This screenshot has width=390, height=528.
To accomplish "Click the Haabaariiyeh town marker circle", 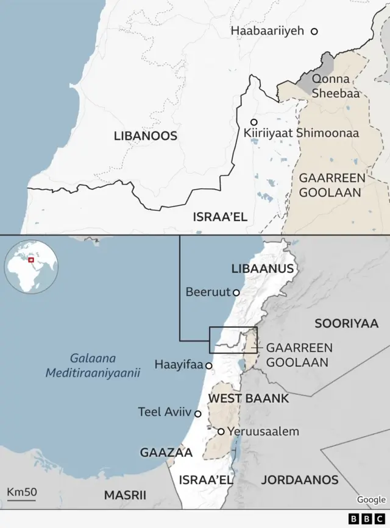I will [x=314, y=31].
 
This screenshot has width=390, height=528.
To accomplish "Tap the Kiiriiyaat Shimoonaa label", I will [x=301, y=133].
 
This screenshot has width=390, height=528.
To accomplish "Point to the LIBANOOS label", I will [x=146, y=136].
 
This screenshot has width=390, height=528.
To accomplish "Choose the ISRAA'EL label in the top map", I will [x=220, y=217].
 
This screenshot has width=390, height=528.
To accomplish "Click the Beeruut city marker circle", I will [x=236, y=292].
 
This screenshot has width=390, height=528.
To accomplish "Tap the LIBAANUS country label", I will [x=263, y=269].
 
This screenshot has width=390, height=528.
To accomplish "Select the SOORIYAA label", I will [x=346, y=323].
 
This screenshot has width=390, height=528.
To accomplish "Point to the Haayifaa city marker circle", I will [x=209, y=366].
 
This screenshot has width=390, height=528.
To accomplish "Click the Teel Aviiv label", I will [x=165, y=412].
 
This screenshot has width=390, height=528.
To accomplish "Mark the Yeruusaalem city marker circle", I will [x=221, y=432].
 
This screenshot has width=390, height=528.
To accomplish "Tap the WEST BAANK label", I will [x=249, y=399].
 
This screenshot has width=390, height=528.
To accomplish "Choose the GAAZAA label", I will [x=166, y=452].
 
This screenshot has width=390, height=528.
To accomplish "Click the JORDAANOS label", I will [x=299, y=480].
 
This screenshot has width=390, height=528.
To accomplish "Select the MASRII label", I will [x=125, y=495].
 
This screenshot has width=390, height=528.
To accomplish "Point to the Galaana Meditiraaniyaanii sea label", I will [x=93, y=365].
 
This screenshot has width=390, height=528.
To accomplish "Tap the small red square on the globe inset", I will [x=30, y=260].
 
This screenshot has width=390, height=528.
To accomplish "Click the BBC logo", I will [x=362, y=519].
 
